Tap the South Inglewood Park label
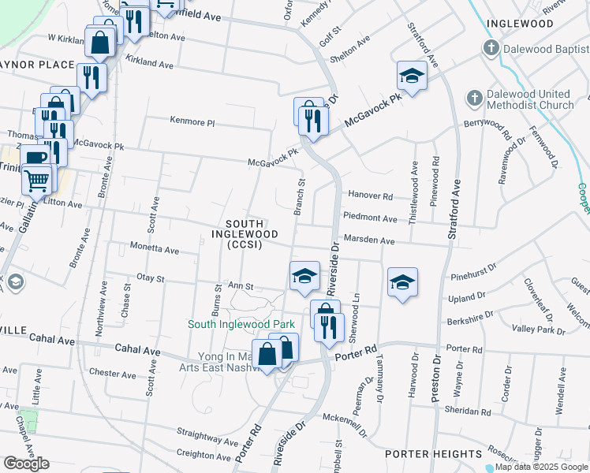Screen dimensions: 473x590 241,324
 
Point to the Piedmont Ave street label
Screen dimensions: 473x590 370,218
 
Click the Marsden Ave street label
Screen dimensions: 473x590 368,240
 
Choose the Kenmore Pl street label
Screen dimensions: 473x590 192,122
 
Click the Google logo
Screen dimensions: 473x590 26,464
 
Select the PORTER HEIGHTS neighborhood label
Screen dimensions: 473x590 433,454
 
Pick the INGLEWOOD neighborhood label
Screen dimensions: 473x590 520,24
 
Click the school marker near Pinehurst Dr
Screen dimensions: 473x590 402,282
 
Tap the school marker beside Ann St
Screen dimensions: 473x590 304,276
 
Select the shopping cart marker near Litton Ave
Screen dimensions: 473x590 36,180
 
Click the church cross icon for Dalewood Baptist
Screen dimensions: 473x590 490,49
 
